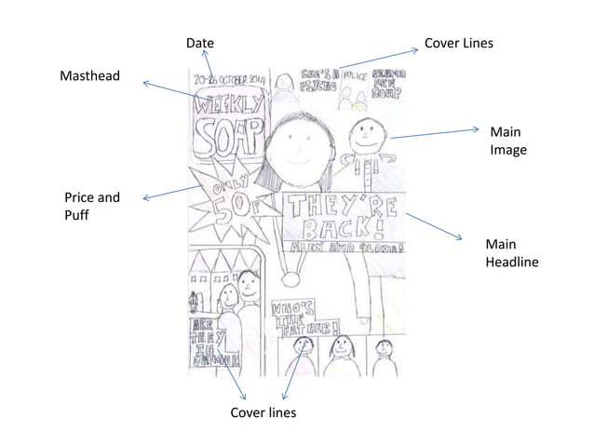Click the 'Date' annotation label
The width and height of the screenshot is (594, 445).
click(x=199, y=43)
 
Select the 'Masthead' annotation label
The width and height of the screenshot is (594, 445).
click(x=89, y=74)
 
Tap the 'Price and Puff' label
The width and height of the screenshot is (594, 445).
click(x=91, y=206)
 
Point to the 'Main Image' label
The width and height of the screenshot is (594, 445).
click(x=507, y=141)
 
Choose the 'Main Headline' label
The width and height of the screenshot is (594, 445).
click(x=511, y=253)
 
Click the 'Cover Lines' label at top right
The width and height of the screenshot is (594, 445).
click(x=458, y=43)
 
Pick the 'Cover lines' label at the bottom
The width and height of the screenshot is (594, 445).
click(x=263, y=411)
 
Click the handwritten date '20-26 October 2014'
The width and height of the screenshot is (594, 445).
click(x=229, y=83)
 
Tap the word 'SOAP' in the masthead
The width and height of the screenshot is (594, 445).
click(x=226, y=138)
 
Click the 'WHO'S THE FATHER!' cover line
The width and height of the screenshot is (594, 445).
click(x=303, y=318)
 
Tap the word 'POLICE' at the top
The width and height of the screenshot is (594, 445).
click(x=354, y=72)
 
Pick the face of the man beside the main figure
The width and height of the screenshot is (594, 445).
click(x=363, y=137)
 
